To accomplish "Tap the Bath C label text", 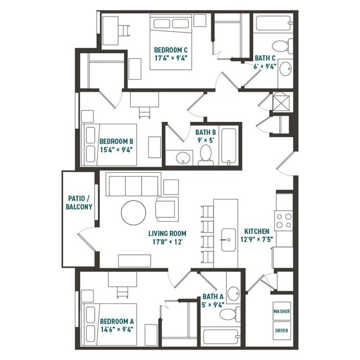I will pos(265,61).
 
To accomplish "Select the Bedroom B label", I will pos(116,145).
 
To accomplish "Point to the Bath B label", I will pos(205,136).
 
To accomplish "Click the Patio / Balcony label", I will pos(80,202).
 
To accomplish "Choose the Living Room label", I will pos(167,238).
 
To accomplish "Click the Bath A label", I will pos(213,300).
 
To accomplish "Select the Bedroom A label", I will pos(116,325).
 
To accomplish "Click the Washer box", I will pos(282,311).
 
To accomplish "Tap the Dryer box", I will pos(282,331).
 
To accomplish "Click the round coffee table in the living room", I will pos(133,213).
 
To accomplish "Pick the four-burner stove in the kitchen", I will pos(284,220).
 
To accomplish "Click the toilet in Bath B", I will pos(206,155).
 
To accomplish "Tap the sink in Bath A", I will pos(233,292).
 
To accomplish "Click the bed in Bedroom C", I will pos(171,43).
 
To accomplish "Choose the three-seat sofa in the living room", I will pos(133,185).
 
